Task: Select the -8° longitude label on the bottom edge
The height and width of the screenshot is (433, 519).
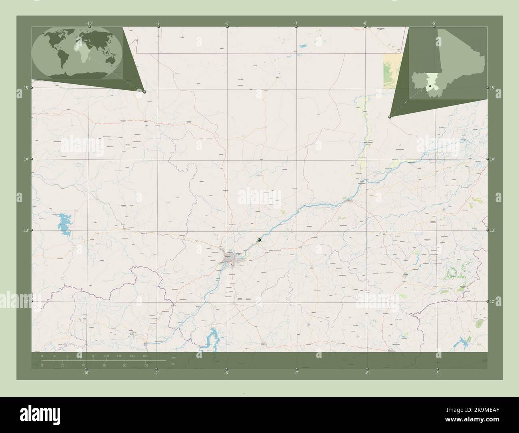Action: (226, 373)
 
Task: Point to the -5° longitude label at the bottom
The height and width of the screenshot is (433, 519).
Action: (437, 373)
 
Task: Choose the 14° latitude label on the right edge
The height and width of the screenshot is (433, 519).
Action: (492, 159)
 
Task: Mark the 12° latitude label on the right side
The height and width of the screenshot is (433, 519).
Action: (492, 302)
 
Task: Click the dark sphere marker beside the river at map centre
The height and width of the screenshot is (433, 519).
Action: (259, 239)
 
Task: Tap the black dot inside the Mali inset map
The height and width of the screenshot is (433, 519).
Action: (428, 86)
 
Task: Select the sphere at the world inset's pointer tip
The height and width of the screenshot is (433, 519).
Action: (145, 92)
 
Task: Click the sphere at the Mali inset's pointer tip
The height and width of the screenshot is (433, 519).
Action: (390, 117)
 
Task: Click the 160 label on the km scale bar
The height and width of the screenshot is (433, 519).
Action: (145, 356)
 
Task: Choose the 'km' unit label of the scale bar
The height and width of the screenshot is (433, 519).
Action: (173, 357)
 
